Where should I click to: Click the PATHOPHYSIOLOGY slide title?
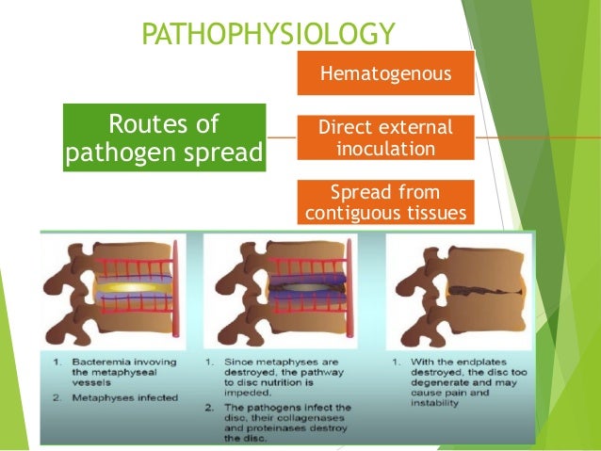click(267, 35)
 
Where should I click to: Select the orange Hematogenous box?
click(384, 72)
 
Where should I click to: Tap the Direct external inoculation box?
click(384, 138)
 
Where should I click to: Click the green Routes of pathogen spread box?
click(165, 138)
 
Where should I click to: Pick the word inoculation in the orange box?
click(384, 149)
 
